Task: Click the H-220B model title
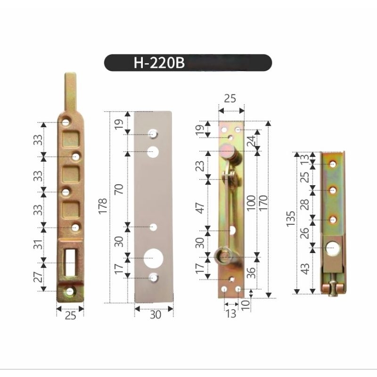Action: coord(159,63)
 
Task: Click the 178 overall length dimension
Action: coord(102,206)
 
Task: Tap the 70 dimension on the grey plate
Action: coord(119,189)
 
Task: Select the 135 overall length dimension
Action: coord(290,218)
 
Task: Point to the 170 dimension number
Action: coord(263,203)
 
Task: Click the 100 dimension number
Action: coord(251,203)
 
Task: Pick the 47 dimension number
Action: coord(200,208)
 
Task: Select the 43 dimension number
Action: coord(305,269)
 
